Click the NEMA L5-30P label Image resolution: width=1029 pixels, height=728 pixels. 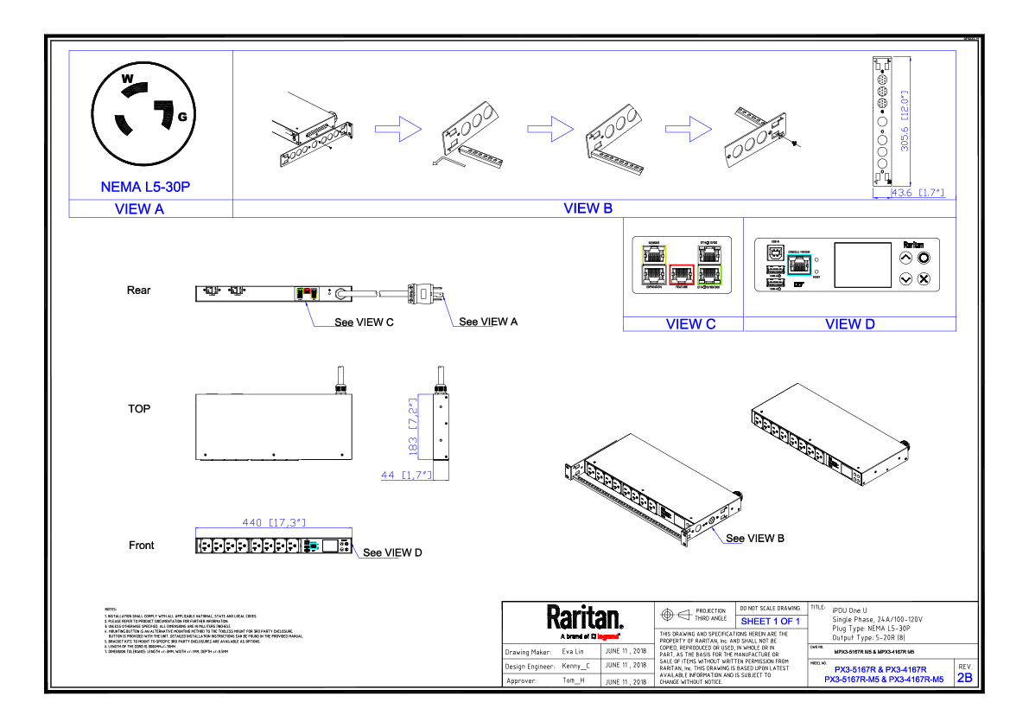(145, 188)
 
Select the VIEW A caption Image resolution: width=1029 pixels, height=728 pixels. (139, 209)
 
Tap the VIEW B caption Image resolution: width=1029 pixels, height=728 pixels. (588, 208)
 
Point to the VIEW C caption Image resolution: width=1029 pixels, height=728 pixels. (690, 324)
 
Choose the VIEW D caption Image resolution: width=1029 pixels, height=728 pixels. (850, 324)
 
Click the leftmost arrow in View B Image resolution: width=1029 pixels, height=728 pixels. (398, 129)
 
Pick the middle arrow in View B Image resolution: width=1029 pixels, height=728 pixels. (550, 129)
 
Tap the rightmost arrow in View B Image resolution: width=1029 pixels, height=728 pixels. (689, 129)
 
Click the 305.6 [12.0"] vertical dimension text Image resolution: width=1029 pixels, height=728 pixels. (905, 121)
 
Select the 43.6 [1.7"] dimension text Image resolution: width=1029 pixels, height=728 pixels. (918, 193)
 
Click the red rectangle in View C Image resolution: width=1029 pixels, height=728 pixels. (682, 275)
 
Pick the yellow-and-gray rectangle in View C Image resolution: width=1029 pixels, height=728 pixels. (654, 265)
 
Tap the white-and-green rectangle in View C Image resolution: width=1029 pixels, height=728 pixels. (709, 265)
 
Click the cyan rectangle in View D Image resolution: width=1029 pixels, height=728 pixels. (799, 265)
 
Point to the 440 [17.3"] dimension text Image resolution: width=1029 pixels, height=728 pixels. (274, 522)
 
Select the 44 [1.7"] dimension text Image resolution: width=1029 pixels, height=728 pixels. (406, 475)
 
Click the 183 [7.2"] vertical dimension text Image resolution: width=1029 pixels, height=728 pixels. (414, 427)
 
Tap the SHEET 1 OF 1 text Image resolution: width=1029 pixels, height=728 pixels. (771, 622)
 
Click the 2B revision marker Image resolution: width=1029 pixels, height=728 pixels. (965, 678)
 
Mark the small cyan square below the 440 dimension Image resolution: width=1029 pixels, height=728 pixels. (313, 546)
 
